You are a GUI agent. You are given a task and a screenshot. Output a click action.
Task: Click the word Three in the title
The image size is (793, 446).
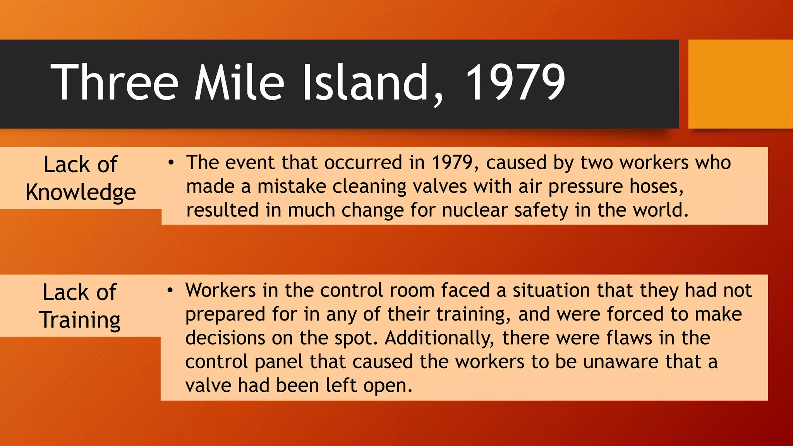coord(114,82)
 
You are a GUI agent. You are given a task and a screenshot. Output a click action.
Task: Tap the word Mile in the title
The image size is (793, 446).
coord(239,82)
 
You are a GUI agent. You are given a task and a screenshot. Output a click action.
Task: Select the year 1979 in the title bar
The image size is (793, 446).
coord(515,82)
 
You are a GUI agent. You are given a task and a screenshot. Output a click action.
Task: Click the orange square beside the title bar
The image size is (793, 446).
coord(740,84)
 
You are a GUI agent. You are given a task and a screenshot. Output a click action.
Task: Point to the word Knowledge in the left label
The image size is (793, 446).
coord(81,192)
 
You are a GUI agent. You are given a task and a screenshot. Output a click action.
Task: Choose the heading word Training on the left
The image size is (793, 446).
coord(80,320)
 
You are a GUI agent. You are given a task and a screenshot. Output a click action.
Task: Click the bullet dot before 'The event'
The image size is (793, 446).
coord(171,163)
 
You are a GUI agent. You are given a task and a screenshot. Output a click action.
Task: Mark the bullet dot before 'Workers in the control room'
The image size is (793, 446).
coord(170,290)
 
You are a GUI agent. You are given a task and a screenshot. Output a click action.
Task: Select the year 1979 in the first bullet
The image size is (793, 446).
coord(452,163)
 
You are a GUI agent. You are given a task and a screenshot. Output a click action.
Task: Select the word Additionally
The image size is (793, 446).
coord(439,338)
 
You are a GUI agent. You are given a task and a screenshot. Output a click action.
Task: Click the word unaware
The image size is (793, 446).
coord(621,362)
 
